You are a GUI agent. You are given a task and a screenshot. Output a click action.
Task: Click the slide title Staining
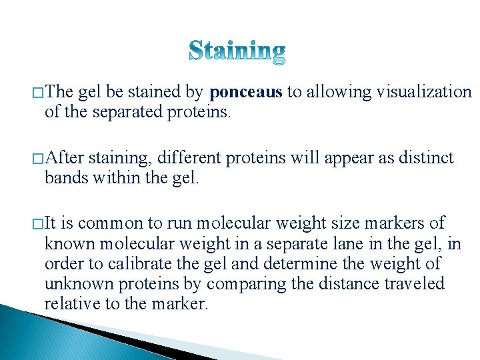click(237, 51)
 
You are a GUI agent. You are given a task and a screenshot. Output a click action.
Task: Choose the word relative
click(69, 304)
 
